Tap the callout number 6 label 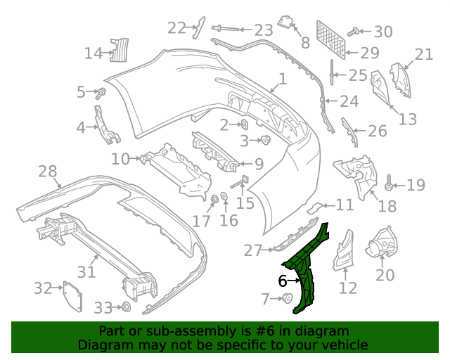tap(283, 281)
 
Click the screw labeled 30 tap(356, 31)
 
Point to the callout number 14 tap(93, 53)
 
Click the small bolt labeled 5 tap(101, 92)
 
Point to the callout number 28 tap(47, 171)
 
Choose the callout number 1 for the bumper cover tap(281, 79)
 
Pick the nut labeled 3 tap(266, 140)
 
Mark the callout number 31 tap(86, 271)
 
